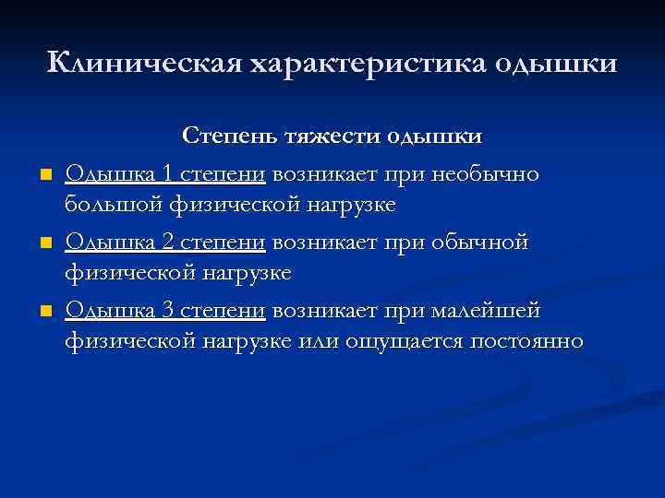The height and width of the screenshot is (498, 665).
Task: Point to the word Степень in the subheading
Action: click(226, 136)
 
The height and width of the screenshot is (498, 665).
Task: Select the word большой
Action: click(109, 206)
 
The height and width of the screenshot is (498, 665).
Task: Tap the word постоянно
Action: click(527, 342)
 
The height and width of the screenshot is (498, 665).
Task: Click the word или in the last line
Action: click(319, 342)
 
